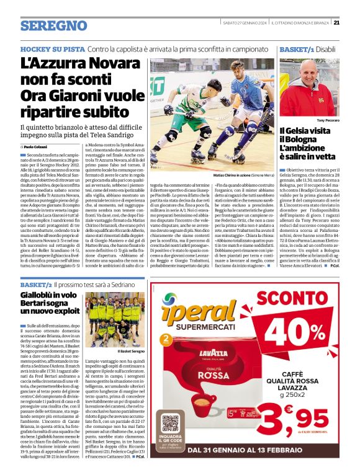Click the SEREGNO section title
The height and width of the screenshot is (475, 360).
[x=53, y=26]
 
